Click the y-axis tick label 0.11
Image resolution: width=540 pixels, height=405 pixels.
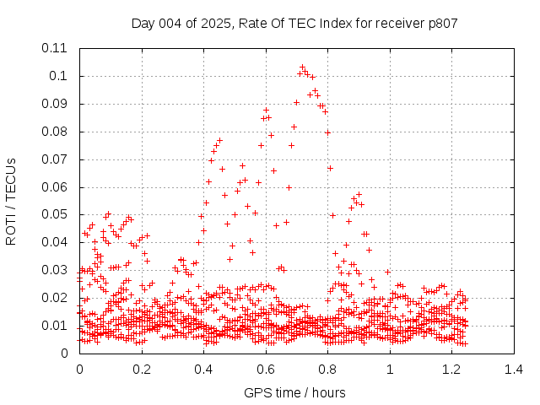(x=56, y=48)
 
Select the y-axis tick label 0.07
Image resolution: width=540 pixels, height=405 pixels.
(x=56, y=159)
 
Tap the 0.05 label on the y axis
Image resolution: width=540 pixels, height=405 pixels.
(x=56, y=214)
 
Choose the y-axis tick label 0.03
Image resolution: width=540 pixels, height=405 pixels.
(x=56, y=270)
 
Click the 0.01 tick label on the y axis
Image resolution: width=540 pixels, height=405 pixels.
(x=56, y=326)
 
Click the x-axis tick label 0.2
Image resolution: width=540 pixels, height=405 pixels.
(x=141, y=370)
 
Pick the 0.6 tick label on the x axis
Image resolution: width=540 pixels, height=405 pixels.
(x=265, y=370)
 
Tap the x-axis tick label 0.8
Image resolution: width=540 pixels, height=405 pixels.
(x=327, y=370)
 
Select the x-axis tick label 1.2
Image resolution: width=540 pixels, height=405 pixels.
(x=451, y=370)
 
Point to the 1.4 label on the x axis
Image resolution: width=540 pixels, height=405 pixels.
(x=513, y=370)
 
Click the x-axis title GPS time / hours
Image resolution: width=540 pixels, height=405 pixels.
(x=294, y=392)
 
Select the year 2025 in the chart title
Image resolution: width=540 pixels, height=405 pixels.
(x=216, y=23)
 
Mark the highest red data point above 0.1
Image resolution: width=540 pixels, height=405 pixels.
(x=302, y=67)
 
